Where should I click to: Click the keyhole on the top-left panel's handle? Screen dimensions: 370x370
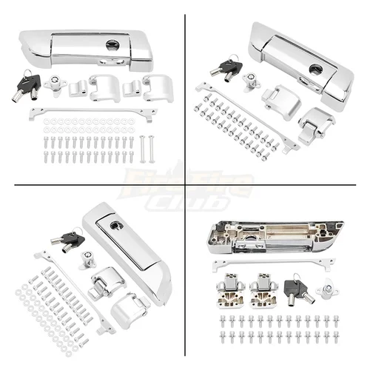click(x=112, y=44)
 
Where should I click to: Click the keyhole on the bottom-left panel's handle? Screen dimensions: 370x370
click(x=116, y=226)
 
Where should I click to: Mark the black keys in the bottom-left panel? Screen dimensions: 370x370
click(x=69, y=238)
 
